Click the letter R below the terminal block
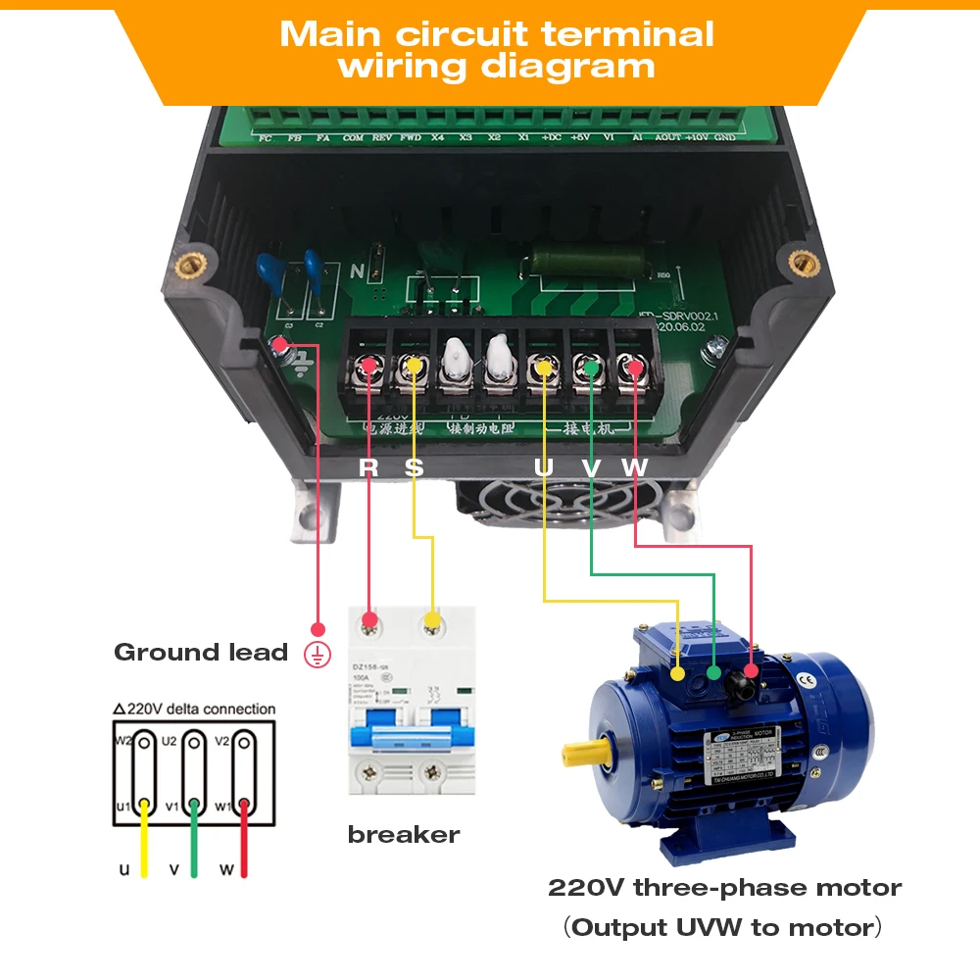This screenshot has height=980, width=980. [368, 467]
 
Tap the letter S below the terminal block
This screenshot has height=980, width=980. [415, 467]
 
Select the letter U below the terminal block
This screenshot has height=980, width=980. [544, 467]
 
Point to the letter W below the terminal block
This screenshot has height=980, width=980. [635, 467]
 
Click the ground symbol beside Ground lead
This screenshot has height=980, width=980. [317, 654]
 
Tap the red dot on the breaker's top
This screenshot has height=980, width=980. [369, 619]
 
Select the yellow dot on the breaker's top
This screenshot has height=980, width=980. [431, 619]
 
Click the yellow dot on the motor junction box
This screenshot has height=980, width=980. [678, 673]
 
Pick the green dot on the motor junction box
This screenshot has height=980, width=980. [714, 673]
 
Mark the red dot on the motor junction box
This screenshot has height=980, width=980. [751, 671]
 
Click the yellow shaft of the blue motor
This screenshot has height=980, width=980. [578, 754]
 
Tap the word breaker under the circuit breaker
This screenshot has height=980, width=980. [403, 835]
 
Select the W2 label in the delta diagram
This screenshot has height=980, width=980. [122, 741]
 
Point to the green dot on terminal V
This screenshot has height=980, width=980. [591, 367]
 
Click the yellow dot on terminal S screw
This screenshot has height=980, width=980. [415, 367]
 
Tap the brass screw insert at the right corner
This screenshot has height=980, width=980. [804, 262]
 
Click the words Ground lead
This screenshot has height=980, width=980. [201, 653]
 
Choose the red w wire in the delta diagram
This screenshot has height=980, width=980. [244, 843]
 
